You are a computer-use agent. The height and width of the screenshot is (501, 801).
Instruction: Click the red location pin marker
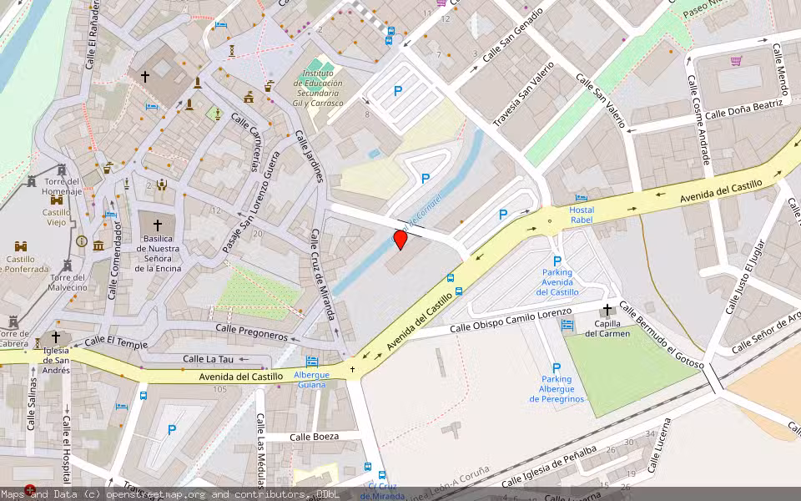pos(400,240)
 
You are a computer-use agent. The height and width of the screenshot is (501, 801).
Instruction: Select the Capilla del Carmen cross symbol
pos(607,310)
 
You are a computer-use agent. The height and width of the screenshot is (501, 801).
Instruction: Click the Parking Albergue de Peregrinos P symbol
pos(557,367)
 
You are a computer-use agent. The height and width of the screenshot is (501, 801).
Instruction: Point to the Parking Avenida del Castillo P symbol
pos(557,261)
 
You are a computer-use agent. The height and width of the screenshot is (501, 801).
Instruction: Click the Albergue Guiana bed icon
pos(311,362)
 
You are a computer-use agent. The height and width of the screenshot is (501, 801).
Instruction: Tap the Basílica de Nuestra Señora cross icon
pos(157,225)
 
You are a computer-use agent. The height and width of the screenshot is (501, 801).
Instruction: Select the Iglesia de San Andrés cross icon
pos(56,337)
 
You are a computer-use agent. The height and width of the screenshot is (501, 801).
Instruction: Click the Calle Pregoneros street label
pos(251,332)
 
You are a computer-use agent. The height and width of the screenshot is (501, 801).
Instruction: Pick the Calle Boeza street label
pos(314,437)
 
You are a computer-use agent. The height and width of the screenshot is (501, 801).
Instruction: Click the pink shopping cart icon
pos(736,60)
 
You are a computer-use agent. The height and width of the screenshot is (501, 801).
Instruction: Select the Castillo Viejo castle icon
pos(57,200)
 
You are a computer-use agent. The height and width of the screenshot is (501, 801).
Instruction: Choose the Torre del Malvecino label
pos(68,282)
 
